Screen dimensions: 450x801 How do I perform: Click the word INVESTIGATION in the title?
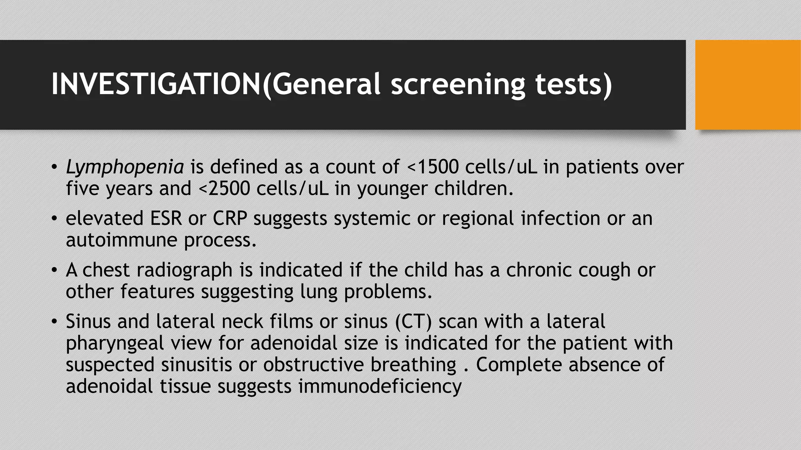click(156, 84)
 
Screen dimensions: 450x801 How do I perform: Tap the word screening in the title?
click(458, 85)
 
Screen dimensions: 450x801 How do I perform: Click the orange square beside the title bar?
click(747, 85)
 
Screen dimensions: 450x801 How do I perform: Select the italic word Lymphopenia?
click(125, 167)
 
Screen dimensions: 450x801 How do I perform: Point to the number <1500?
click(433, 167)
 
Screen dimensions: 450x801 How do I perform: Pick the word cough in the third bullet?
click(604, 270)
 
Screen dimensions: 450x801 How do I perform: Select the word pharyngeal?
click(115, 343)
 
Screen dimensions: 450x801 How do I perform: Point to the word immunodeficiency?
click(380, 386)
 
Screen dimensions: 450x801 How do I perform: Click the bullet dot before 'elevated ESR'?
click(54, 219)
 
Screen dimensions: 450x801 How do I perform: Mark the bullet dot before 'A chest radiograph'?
click(54, 270)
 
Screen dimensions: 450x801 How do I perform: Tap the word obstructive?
click(314, 365)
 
